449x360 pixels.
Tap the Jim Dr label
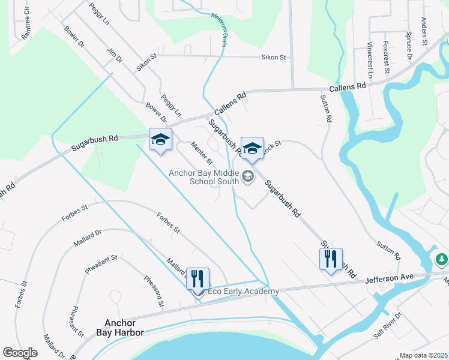pyautogui.click(x=114, y=56)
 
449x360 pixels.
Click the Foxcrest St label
pyautogui.click(x=388, y=62)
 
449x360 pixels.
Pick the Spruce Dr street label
pyautogui.click(x=409, y=46)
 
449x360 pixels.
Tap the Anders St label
pyautogui.click(x=424, y=31)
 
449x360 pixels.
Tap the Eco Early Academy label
pyautogui.click(x=243, y=292)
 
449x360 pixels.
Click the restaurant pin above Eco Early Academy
pyautogui.click(x=198, y=279)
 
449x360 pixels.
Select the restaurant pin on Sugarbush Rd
pyautogui.click(x=331, y=259)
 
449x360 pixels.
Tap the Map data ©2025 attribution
pyautogui.click(x=423, y=355)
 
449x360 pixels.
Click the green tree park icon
pyautogui.click(x=442, y=259)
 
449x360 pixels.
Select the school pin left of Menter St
pyautogui.click(x=160, y=140)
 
